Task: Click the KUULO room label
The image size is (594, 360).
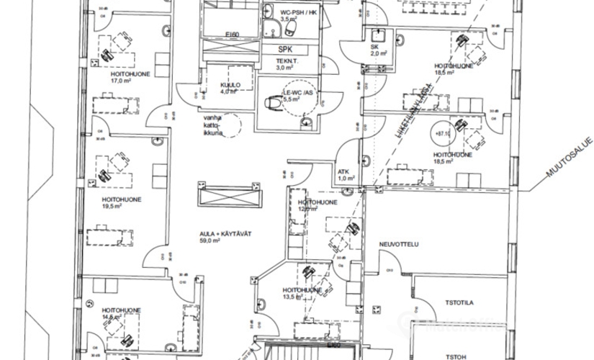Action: (x=230, y=85)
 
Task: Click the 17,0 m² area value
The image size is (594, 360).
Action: (x=120, y=81)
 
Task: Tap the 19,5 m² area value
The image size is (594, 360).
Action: (x=111, y=206)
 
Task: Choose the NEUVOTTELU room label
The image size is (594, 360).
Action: (x=399, y=245)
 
